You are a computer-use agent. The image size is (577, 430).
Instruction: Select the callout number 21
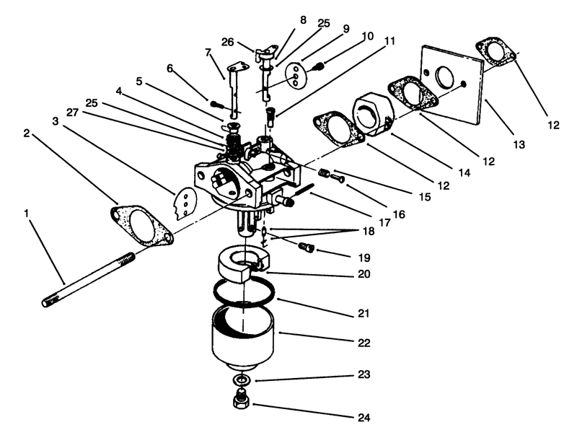(362, 314)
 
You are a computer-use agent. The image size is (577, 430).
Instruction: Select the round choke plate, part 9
(294, 73)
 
